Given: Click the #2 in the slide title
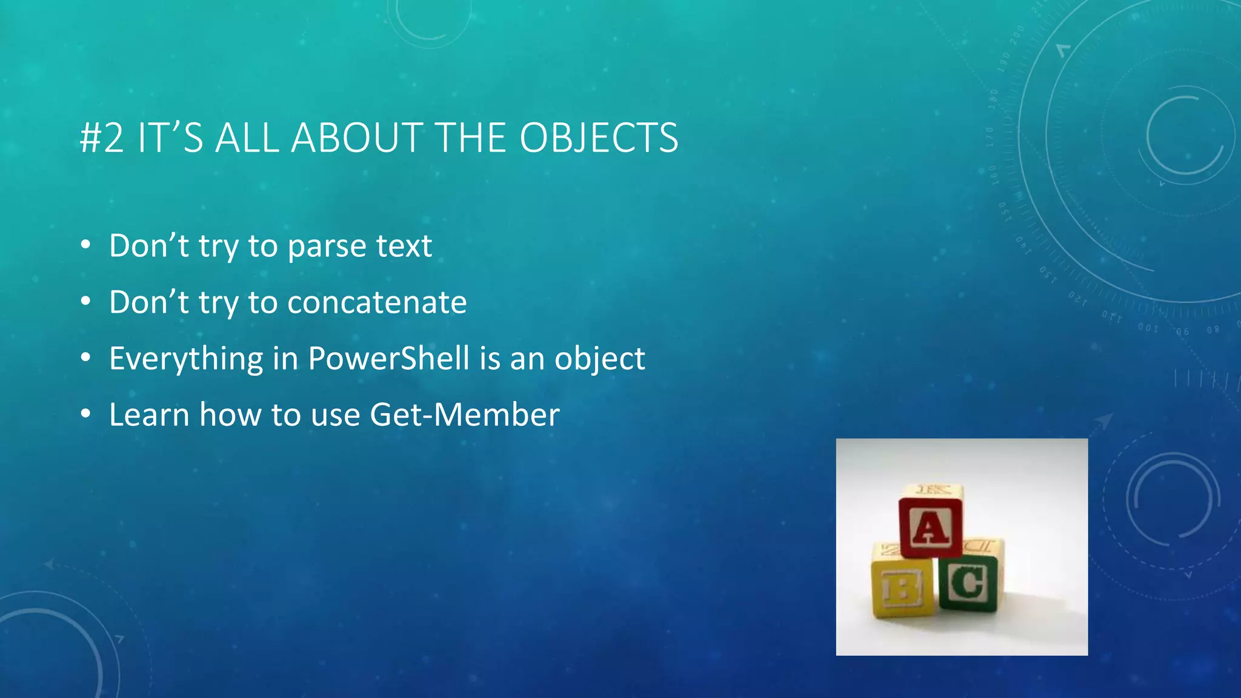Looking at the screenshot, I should tap(102, 138).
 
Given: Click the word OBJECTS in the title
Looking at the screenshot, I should tap(599, 138).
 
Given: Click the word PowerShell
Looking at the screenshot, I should tap(388, 358).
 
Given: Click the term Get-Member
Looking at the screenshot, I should tap(464, 415).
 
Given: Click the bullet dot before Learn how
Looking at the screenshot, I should tap(86, 414).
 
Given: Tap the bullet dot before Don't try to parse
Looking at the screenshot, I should tap(86, 245).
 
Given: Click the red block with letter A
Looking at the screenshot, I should tap(930, 527).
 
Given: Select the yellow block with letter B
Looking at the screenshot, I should tap(902, 587).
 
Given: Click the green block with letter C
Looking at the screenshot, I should tap(968, 583).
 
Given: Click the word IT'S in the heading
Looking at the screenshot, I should tap(170, 138).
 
